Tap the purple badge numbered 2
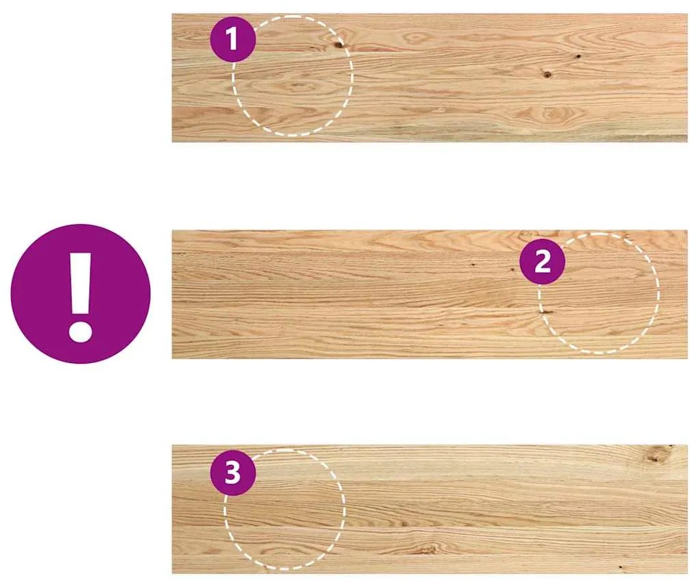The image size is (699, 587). [543, 262]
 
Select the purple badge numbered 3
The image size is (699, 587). [233, 473]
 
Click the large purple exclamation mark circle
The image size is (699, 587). [81, 294]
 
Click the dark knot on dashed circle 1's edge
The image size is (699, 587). [339, 44]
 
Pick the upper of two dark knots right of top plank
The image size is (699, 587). [578, 57]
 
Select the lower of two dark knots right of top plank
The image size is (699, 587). [548, 75]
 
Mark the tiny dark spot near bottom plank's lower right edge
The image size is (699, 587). [620, 567]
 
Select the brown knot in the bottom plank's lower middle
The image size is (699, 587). [428, 551]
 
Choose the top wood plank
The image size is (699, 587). [430, 78]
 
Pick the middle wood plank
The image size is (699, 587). [430, 294]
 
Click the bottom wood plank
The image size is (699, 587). [430, 509]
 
